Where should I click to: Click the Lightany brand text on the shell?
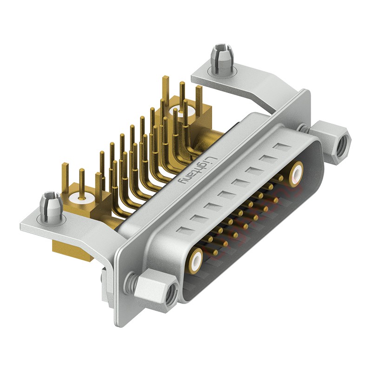(195, 172)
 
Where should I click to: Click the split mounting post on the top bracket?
(221, 59)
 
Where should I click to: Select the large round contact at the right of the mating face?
(296, 173)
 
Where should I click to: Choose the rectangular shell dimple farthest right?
(282, 147)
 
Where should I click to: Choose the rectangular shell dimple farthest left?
(185, 230)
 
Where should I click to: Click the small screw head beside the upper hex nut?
(303, 128)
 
